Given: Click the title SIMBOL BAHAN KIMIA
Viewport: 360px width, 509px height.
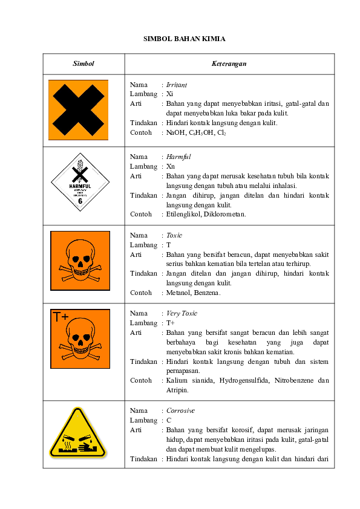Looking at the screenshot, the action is pos(184,39).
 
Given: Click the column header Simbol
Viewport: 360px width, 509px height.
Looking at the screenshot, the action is pos(83,63).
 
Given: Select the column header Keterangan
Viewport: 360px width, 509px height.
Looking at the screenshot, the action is pos(229,63).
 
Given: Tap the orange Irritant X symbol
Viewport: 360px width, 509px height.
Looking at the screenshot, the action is pos(79,110).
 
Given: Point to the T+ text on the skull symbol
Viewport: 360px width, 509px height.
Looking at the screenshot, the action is pos(61,317).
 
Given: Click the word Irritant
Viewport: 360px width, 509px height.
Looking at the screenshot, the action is pos(177,85).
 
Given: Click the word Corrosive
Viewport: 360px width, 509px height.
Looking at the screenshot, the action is pos(181,410).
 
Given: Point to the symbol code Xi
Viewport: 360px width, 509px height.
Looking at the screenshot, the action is pos(170,94).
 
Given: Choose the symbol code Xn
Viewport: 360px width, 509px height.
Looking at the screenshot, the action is pos(171,166).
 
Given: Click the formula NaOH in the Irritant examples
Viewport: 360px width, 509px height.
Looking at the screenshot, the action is pos(176,132).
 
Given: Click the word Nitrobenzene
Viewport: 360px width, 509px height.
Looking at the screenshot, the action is pos(292,381).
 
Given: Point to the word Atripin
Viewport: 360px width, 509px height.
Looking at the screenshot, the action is pos(177,390).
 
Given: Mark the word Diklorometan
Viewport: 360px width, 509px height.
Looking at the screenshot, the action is pos(224,214).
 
